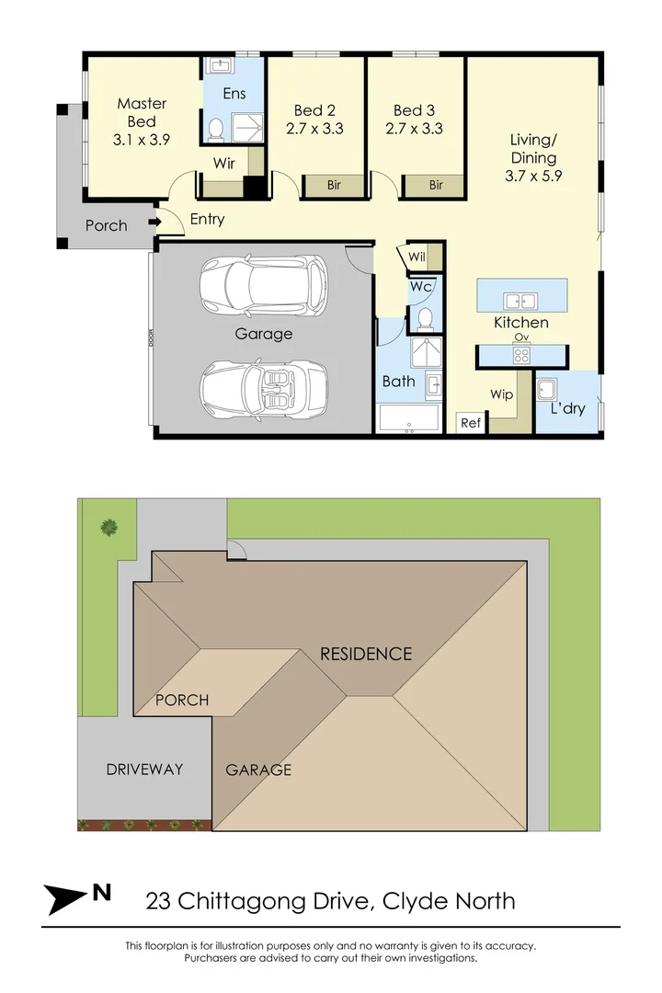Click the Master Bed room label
[142, 112]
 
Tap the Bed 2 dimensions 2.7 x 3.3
[314, 129]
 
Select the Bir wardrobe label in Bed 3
[436, 185]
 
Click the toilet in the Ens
[216, 130]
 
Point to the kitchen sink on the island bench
[520, 301]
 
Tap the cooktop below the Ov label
[521, 355]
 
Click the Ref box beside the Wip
[471, 422]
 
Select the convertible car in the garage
[264, 390]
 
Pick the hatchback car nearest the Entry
[264, 286]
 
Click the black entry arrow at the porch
[154, 222]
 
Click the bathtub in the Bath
[408, 418]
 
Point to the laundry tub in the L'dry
[546, 390]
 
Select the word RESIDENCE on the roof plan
[366, 654]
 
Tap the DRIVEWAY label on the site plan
[144, 770]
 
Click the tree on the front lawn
[109, 528]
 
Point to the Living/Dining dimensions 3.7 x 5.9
[533, 176]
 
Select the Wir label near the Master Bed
[224, 164]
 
